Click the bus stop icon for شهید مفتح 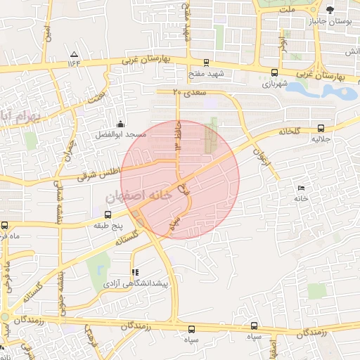tap(206, 62)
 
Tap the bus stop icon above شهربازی tap(274, 72)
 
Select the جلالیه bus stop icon tap(321, 128)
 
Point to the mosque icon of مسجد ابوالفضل tap(121, 124)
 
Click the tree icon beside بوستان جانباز tap(330, 9)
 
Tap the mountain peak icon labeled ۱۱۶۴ tap(74, 54)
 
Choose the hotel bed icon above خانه tap(302, 188)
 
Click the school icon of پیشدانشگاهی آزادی tap(135, 272)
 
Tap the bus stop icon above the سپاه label tap(254, 326)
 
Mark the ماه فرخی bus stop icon tap(5, 226)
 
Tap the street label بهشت tap(99, 94)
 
